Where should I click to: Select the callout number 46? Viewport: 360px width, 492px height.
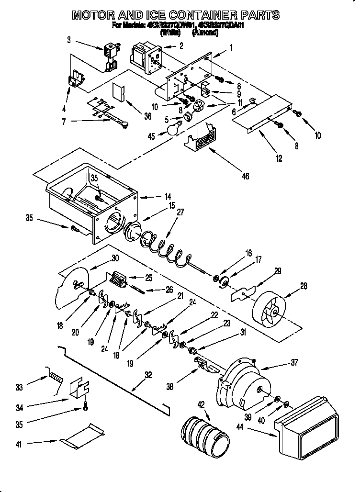[x=246, y=176]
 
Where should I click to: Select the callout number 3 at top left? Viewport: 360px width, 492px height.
[x=69, y=40]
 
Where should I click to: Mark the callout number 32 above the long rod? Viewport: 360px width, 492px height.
[x=149, y=375]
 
